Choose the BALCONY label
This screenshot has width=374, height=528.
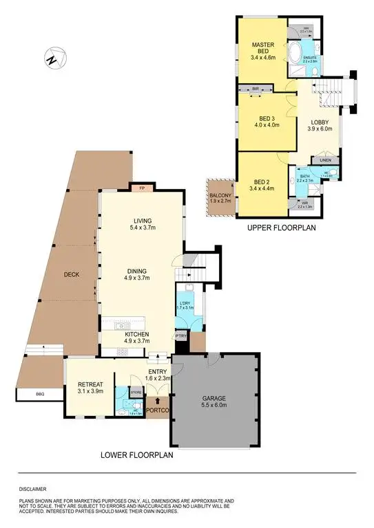pyautogui.click(x=220, y=195)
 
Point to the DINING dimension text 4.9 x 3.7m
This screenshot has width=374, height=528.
pyautogui.click(x=141, y=278)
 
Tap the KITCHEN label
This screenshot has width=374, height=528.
pyautogui.click(x=136, y=334)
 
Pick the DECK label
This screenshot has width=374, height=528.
pyautogui.click(x=71, y=274)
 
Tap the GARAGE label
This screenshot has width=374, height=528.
pyautogui.click(x=214, y=398)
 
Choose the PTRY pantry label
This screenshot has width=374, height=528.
pyautogui.click(x=180, y=335)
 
